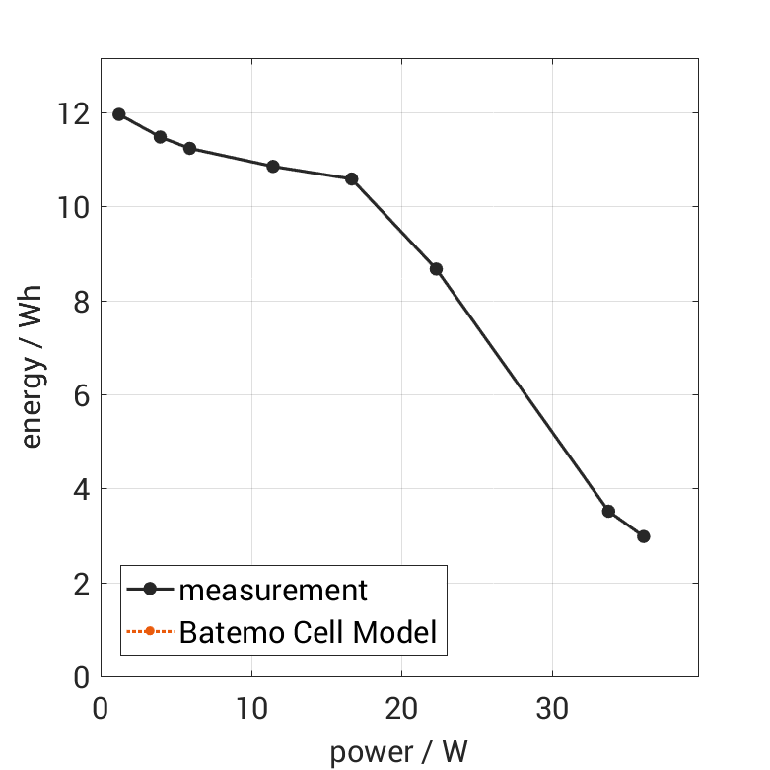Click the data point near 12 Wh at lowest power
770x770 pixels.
click(x=119, y=114)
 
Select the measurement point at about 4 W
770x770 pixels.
click(x=160, y=137)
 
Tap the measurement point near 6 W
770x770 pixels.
click(x=189, y=148)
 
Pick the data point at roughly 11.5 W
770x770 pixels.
click(x=273, y=167)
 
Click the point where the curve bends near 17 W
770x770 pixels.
click(x=351, y=178)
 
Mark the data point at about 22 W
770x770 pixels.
click(x=436, y=269)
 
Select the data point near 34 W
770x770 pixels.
click(x=608, y=511)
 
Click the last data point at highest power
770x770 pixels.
click(x=644, y=536)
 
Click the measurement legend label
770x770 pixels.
click(x=273, y=591)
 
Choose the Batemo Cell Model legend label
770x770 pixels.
click(x=308, y=632)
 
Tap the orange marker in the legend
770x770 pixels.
click(x=150, y=631)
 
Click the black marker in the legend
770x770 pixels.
click(x=150, y=590)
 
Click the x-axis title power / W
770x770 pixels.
click(x=398, y=753)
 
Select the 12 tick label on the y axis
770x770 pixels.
click(x=74, y=113)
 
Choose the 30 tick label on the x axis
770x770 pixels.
click(x=552, y=708)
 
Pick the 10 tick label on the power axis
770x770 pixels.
click(x=251, y=708)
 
